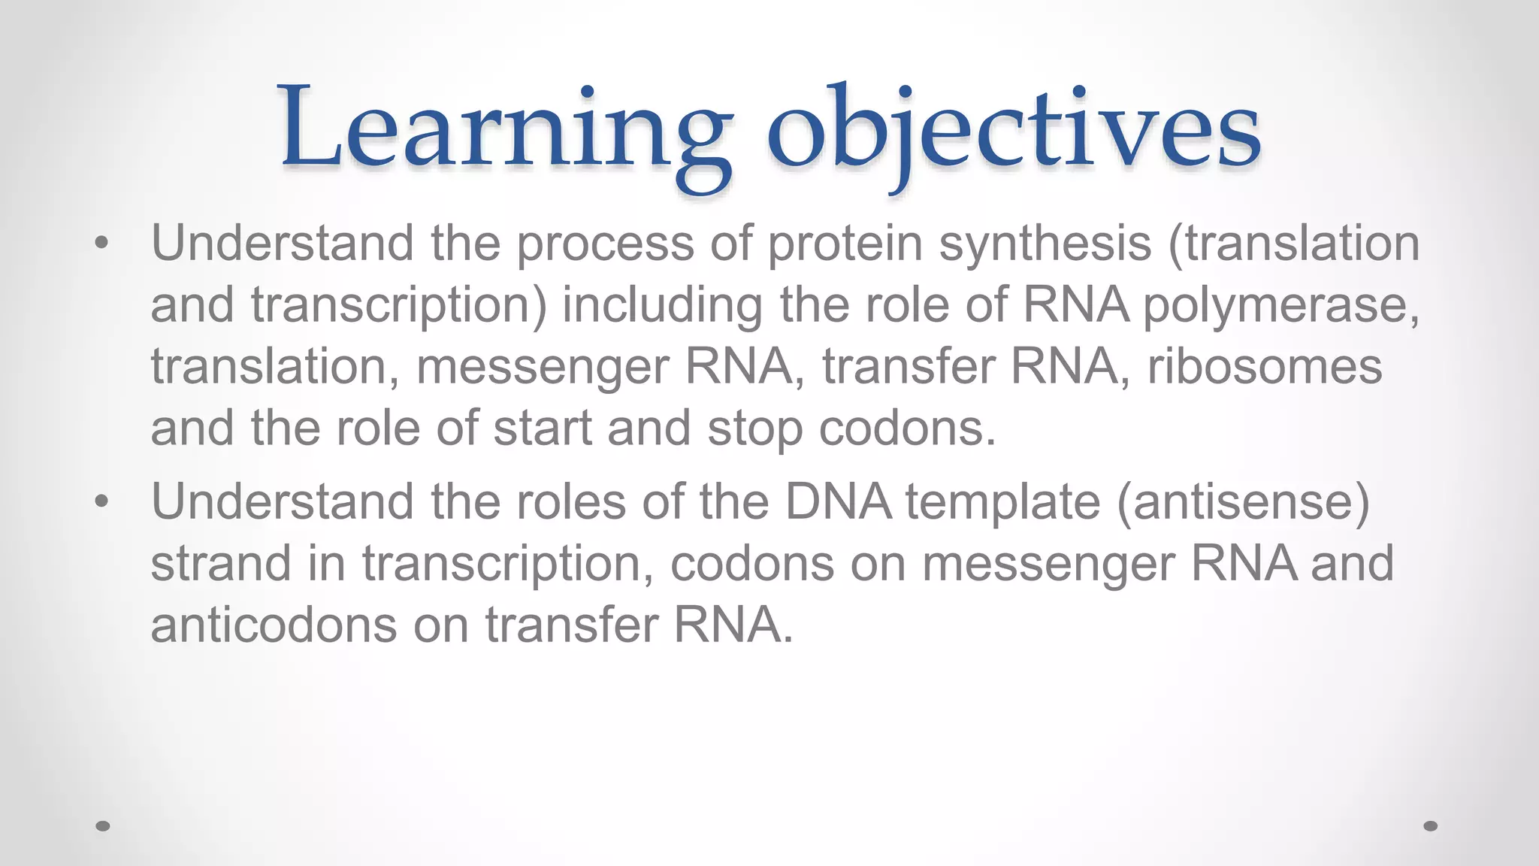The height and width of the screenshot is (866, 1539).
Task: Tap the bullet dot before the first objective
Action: (102, 243)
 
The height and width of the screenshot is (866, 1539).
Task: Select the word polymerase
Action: (1280, 306)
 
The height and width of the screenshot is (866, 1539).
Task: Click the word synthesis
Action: (1045, 244)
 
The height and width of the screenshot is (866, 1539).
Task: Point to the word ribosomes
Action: (1264, 367)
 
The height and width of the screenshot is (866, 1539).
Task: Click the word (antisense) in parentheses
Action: (1244, 502)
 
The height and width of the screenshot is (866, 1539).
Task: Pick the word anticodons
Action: (274, 625)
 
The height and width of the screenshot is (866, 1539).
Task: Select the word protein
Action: (845, 244)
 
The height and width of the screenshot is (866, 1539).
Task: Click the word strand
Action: (221, 564)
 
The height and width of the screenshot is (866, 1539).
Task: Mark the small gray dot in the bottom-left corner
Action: (104, 826)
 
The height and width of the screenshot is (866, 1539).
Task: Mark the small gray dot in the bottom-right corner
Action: (1431, 826)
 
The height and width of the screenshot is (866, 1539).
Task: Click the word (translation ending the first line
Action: (1293, 244)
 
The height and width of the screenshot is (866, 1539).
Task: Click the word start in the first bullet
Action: (542, 428)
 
